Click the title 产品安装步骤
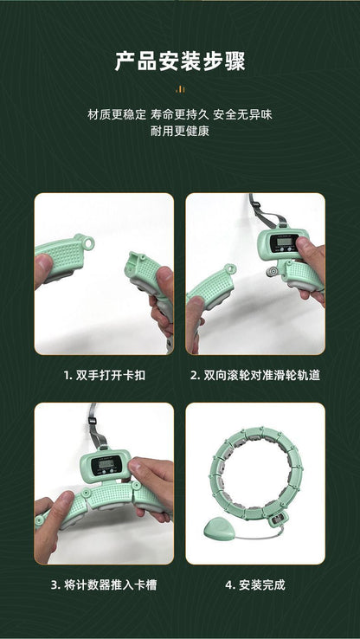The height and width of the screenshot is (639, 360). [180, 62]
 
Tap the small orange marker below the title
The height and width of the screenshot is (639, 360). [180, 88]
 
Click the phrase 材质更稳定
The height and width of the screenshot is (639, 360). [116, 114]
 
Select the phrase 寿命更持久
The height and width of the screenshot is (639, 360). [181, 114]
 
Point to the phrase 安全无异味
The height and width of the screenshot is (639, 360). [245, 114]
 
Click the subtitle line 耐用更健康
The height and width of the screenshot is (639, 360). [180, 131]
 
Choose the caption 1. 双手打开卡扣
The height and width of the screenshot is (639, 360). [104, 377]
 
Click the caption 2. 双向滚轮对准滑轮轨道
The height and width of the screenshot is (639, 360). [255, 377]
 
